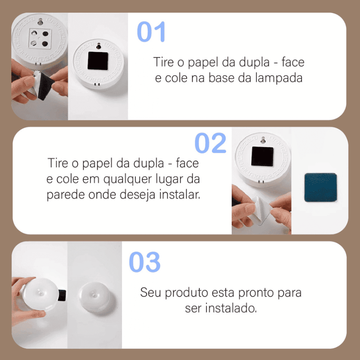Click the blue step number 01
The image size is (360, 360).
pyautogui.click(x=151, y=32)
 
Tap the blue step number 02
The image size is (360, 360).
pyautogui.click(x=210, y=143)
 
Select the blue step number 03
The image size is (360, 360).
pyautogui.click(x=144, y=262)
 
